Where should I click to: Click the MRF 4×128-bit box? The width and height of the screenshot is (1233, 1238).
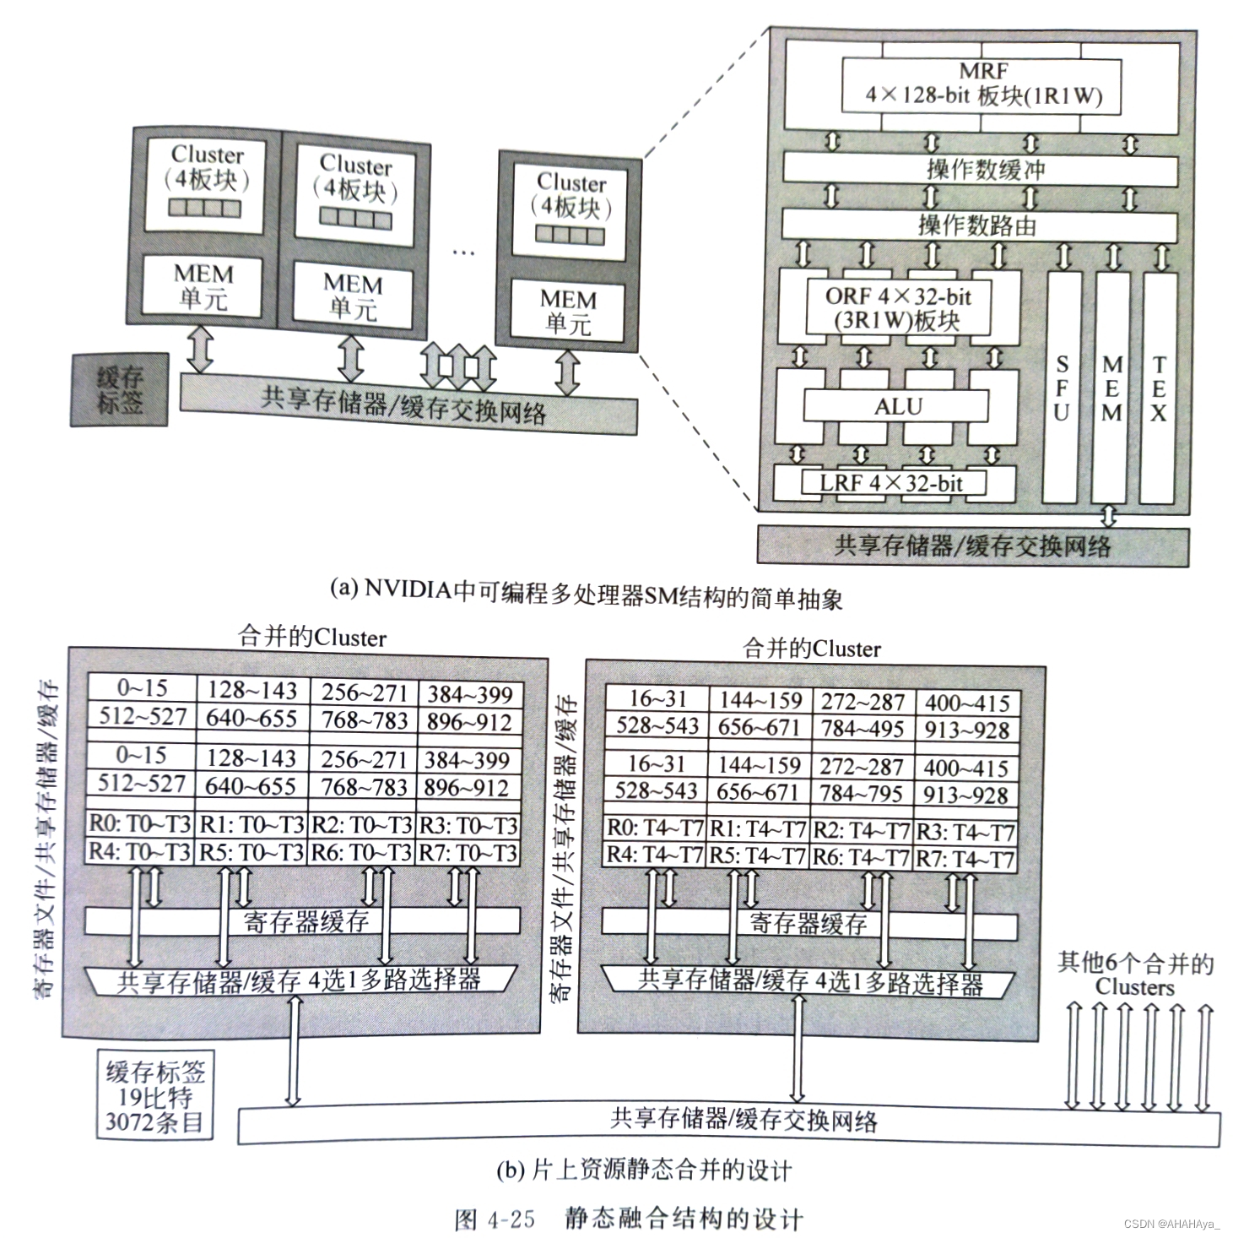coord(982,84)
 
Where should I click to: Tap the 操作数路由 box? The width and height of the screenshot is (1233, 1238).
coord(979,225)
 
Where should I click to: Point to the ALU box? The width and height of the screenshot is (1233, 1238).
coord(897,406)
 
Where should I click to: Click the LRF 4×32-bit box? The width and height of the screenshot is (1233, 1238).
coord(893,484)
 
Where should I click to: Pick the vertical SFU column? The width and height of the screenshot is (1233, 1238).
coord(1061,388)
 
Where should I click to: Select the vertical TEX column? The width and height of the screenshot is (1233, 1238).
coord(1159,388)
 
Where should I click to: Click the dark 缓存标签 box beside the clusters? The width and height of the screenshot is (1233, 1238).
coord(119,389)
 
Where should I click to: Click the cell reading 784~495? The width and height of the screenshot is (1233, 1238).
coord(863,729)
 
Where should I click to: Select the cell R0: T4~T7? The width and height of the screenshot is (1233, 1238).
coord(656,830)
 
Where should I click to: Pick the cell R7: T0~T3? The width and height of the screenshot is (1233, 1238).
coord(468,853)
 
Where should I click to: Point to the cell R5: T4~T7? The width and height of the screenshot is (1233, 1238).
coord(758,856)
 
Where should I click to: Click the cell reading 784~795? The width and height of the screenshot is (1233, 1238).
coord(861,794)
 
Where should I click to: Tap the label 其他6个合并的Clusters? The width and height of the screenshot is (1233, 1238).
coord(1135,974)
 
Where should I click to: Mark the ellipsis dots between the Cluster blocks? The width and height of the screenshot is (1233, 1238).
coord(463,251)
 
